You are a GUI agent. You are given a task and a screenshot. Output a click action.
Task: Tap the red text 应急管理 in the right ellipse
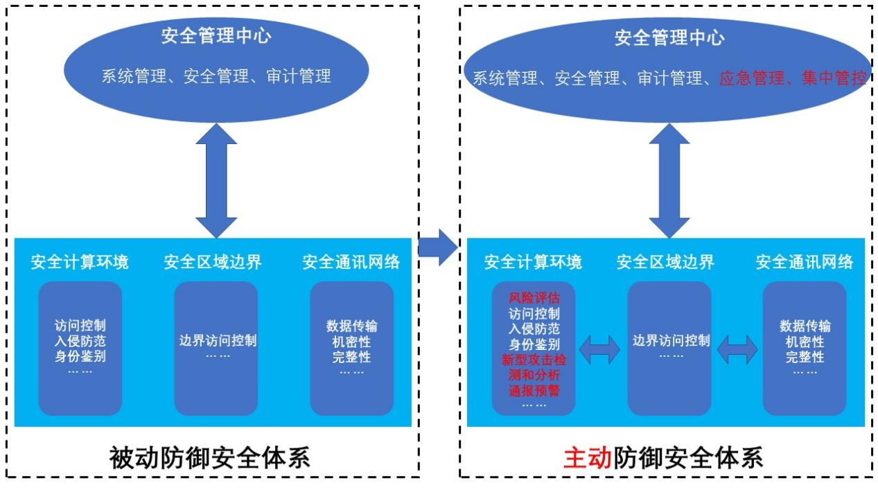click(x=747, y=78)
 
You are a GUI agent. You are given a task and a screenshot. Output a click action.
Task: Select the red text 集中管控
click(x=834, y=78)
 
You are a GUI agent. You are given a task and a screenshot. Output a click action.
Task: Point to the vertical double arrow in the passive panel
click(x=216, y=180)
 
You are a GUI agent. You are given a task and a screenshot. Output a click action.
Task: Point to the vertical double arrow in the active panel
click(x=669, y=180)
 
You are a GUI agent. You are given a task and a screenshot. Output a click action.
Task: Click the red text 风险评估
click(x=534, y=299)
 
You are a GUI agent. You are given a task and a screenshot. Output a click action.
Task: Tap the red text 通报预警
click(x=534, y=390)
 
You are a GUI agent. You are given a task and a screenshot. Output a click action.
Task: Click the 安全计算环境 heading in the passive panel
click(x=80, y=263)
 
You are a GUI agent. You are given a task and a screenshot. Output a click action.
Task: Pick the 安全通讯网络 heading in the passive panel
click(x=351, y=263)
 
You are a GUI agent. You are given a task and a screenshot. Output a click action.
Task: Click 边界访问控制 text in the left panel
click(x=218, y=341)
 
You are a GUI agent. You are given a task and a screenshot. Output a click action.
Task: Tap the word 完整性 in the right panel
click(x=805, y=358)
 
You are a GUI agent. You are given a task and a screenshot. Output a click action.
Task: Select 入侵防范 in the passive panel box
click(x=80, y=341)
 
